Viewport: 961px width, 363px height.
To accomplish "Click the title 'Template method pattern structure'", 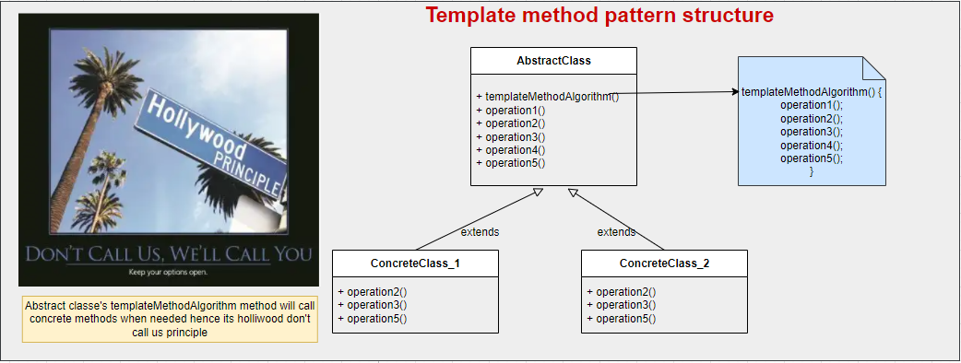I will click(x=599, y=16).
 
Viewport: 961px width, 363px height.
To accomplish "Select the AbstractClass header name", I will click(x=553, y=61).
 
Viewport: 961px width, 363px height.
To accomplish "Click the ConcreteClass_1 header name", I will click(x=415, y=263).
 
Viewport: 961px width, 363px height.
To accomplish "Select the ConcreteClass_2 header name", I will click(x=664, y=263).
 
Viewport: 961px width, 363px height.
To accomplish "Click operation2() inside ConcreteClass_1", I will click(x=373, y=292).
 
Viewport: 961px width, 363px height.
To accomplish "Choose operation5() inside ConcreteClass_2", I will click(x=622, y=318).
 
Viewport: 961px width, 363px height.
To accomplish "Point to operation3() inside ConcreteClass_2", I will click(x=622, y=305).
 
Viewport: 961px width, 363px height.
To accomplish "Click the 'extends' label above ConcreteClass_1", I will click(x=480, y=232).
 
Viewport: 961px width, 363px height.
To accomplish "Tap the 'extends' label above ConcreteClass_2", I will click(x=616, y=232).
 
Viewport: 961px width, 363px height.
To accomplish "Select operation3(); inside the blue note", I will click(x=812, y=132).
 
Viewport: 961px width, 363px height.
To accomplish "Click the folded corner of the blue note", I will click(x=872, y=68).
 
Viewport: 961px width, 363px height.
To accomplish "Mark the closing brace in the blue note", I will click(x=812, y=171).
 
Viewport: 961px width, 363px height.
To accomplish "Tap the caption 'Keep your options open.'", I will click(x=168, y=273).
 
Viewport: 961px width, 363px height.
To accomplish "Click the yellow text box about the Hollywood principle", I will click(x=169, y=319).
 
